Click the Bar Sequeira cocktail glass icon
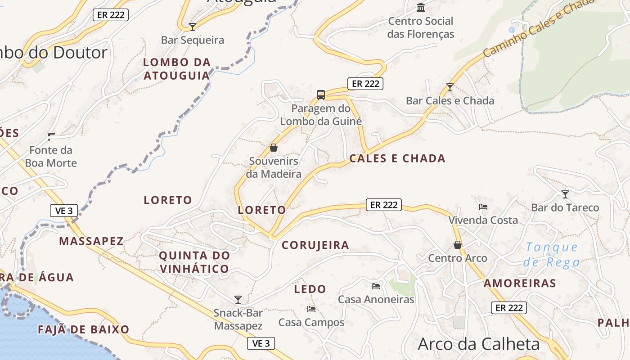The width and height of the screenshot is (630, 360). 193,27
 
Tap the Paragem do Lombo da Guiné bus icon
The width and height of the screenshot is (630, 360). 320,94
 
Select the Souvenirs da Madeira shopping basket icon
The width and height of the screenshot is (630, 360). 273,147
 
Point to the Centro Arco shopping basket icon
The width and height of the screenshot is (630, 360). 458,245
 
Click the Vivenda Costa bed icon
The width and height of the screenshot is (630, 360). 483,207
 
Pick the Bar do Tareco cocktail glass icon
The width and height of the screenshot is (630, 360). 565,194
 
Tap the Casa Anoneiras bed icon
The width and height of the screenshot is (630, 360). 376,286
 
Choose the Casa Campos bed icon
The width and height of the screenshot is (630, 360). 311,309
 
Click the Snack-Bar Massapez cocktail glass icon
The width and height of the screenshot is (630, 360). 238,299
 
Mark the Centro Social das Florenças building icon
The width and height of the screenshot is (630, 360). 421,7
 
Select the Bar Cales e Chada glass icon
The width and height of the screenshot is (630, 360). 450,87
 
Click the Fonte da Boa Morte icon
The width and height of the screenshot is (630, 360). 51,136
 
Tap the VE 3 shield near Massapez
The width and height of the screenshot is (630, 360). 64,211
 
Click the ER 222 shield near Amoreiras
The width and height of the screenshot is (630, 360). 508,308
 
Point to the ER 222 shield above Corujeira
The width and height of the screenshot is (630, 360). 383,205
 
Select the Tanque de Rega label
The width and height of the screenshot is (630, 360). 552,254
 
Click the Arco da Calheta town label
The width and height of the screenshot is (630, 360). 478,344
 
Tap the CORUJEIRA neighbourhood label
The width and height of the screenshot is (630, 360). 315,245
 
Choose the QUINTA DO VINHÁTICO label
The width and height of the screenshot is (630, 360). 194,262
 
